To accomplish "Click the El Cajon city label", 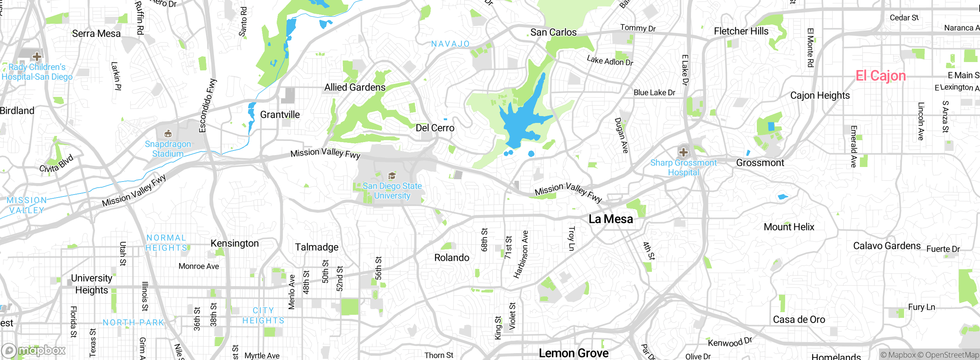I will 880,76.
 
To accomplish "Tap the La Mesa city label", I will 611,219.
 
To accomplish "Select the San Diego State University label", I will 392,191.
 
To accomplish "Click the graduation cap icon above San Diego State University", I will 392,176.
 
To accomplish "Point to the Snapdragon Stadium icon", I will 168,134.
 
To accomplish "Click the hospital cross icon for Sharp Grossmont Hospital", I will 683,152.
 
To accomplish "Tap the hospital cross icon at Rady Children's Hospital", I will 37,57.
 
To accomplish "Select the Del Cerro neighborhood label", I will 435,128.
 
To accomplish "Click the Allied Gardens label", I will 355,87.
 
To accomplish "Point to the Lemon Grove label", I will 573,353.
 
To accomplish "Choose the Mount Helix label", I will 789,227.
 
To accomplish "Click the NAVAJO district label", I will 450,44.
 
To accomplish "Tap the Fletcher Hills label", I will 741,31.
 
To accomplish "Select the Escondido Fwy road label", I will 208,106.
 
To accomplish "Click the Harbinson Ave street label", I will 521,254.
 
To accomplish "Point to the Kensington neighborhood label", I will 235,243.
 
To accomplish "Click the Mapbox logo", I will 34,350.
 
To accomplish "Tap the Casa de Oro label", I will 799,319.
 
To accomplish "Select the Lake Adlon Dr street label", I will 610,61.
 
